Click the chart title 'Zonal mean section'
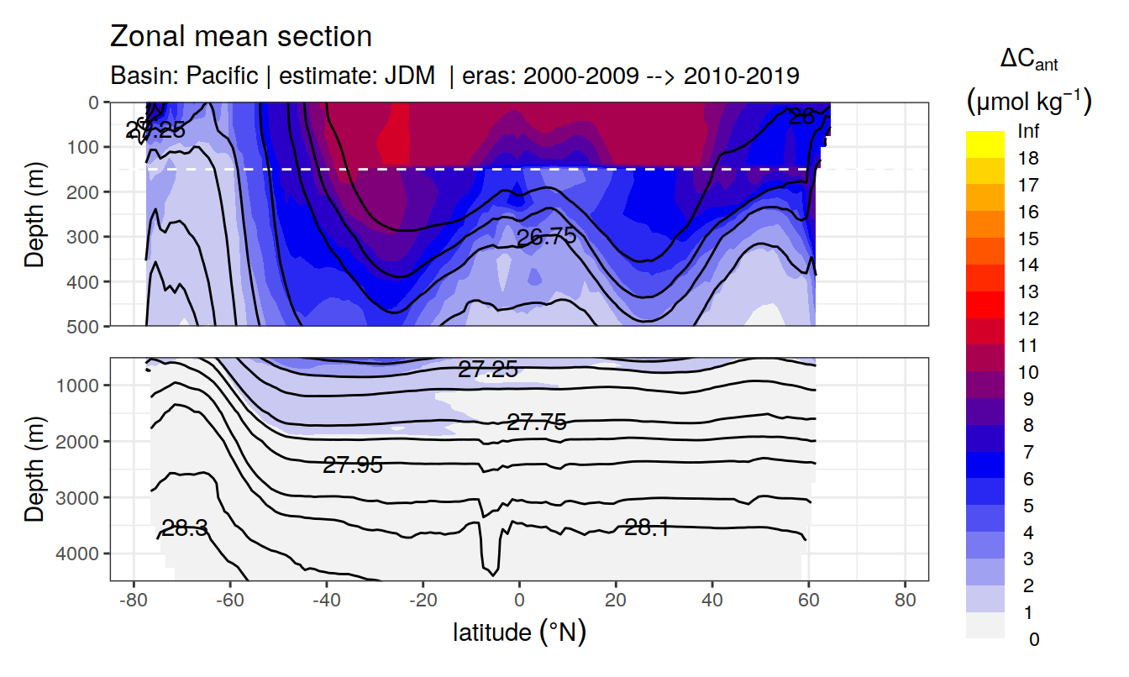tap(241, 37)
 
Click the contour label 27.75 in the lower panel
tap(537, 422)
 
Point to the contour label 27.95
tap(353, 464)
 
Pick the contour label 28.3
tap(185, 528)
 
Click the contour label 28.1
tap(647, 527)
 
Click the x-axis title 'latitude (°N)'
tap(519, 632)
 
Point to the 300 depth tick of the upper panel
tap(87, 237)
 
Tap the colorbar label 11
tap(1027, 346)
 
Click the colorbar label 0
tap(1033, 640)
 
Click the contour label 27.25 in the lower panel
tap(487, 369)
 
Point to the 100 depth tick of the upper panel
tap(87, 147)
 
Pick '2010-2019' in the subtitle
tap(741, 76)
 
